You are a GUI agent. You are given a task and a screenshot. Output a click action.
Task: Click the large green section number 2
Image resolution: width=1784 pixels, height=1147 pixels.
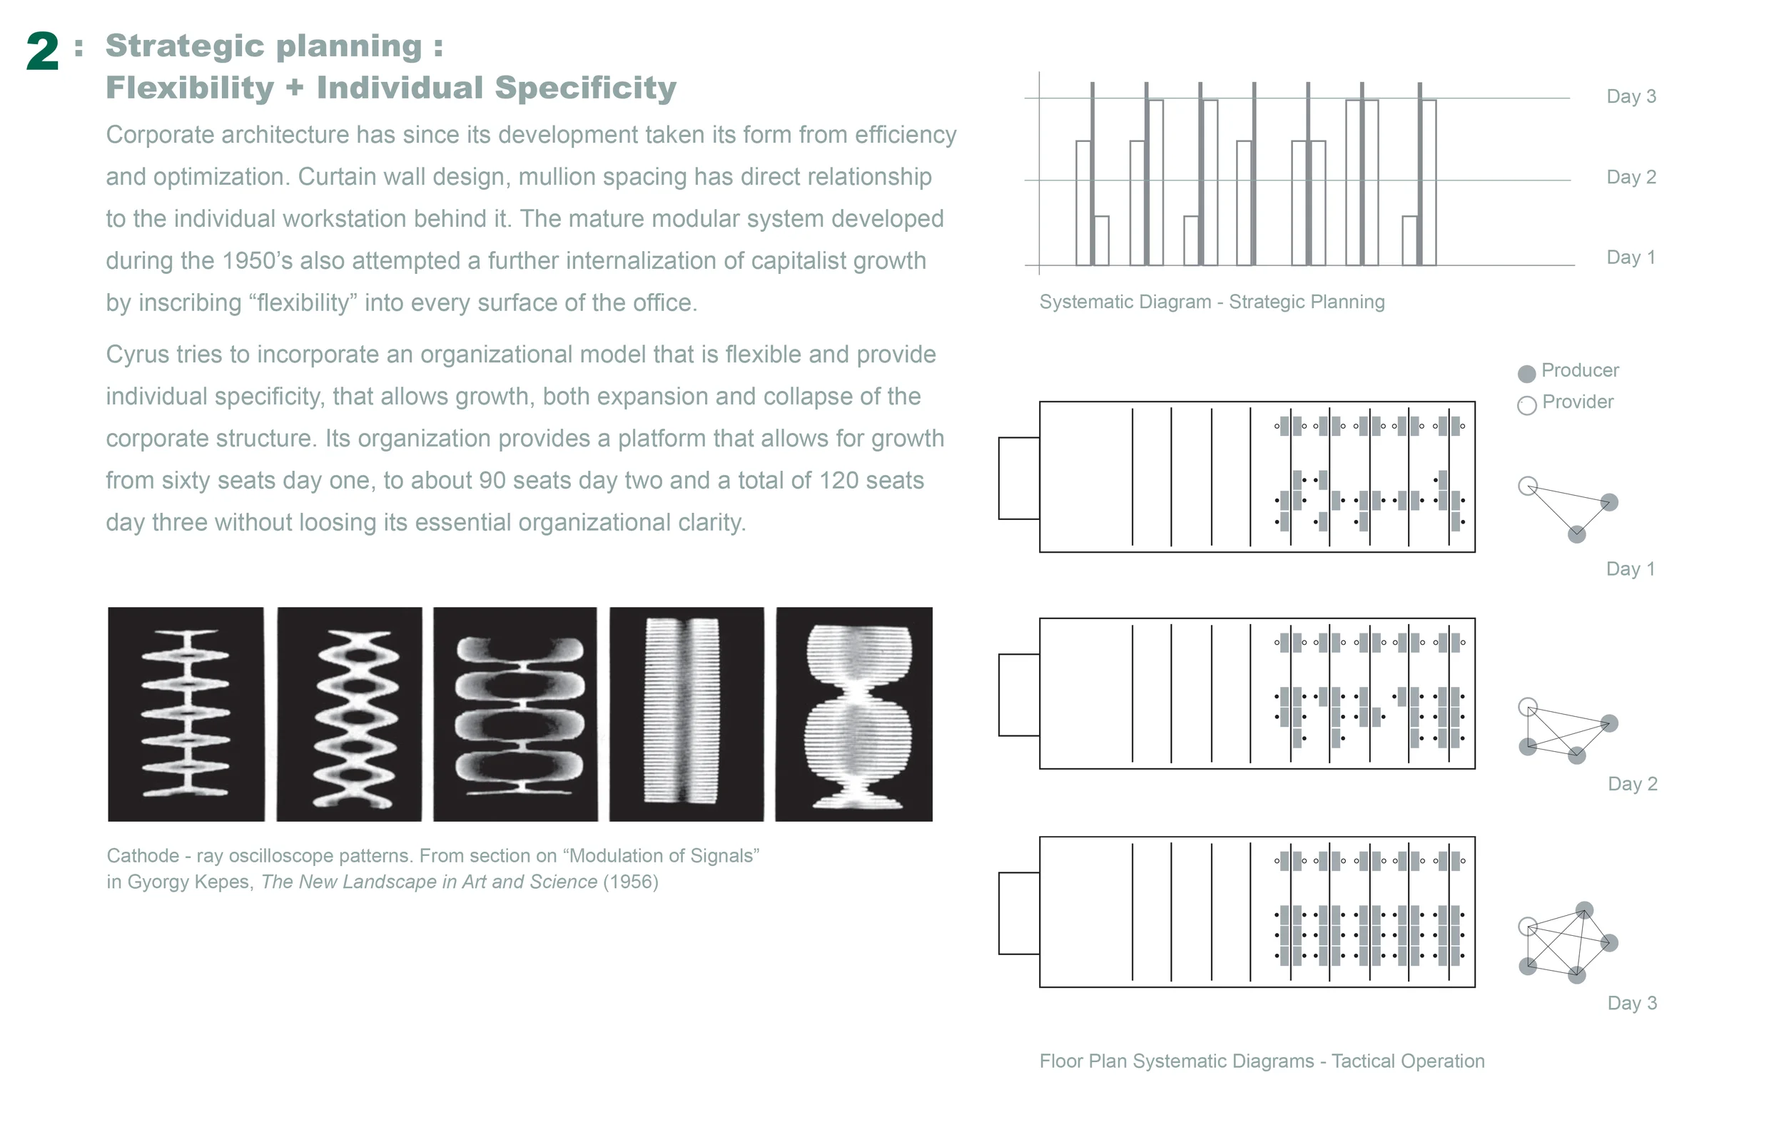(x=42, y=51)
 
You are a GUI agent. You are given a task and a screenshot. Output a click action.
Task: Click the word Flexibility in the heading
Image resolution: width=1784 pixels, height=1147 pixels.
(x=190, y=88)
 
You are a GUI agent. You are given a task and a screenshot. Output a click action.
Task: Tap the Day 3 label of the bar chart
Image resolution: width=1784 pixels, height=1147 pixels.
(x=1631, y=96)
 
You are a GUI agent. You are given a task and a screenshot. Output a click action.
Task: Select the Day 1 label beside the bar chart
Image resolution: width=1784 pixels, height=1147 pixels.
(x=1631, y=257)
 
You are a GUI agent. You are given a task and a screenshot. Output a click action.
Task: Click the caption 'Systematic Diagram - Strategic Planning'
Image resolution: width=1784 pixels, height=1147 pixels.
(x=1211, y=302)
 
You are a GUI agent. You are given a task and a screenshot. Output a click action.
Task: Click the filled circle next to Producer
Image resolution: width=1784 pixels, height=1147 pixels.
(x=1526, y=373)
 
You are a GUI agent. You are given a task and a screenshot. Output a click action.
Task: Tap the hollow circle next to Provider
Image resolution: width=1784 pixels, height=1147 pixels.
(x=1526, y=405)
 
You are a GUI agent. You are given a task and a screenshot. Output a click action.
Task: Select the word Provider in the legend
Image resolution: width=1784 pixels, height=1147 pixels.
(x=1577, y=402)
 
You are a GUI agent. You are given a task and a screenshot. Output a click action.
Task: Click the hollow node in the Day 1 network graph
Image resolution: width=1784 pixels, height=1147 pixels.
(x=1527, y=486)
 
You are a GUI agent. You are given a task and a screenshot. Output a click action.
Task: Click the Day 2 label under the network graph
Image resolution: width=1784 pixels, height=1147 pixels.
(x=1632, y=783)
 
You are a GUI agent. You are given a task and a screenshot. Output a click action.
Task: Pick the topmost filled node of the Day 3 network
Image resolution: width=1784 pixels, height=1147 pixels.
(x=1584, y=910)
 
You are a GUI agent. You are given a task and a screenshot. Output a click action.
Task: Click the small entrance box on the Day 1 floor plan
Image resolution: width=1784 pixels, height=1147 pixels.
(x=1018, y=478)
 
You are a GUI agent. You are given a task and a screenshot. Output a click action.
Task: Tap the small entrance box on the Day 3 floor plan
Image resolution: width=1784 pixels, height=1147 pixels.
(x=1018, y=913)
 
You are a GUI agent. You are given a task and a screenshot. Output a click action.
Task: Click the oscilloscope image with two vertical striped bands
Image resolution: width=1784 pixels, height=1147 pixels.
(x=686, y=714)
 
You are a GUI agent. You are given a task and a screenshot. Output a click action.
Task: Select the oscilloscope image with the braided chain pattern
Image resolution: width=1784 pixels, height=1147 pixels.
(x=349, y=714)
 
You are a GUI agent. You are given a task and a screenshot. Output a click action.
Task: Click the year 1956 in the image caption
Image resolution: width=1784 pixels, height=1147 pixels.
(x=630, y=882)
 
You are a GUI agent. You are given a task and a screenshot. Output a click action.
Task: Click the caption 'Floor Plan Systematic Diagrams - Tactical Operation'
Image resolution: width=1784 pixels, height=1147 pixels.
(x=1261, y=1061)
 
